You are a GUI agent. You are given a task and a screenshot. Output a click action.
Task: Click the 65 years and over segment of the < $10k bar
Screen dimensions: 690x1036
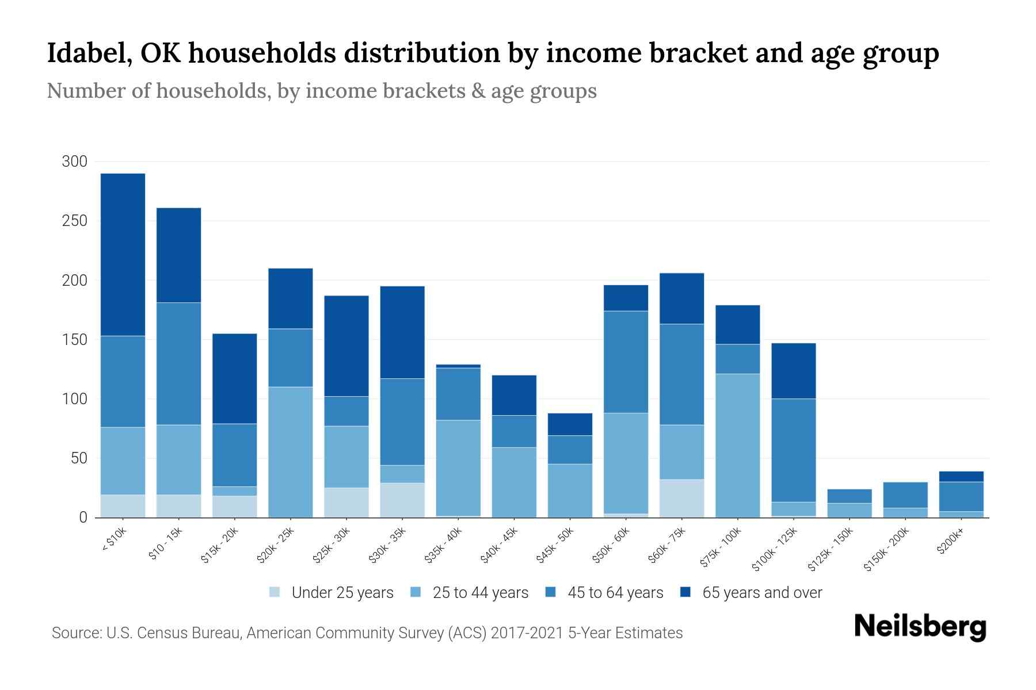pos(123,254)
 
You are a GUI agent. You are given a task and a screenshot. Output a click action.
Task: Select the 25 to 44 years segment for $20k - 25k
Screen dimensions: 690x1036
pos(291,452)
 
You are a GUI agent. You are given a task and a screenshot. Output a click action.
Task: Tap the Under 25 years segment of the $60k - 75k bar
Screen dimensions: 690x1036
pos(681,498)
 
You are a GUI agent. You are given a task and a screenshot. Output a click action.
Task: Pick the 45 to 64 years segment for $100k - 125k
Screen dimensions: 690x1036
pos(793,450)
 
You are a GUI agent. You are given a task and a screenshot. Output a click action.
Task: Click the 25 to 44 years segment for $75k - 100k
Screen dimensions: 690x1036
pos(737,446)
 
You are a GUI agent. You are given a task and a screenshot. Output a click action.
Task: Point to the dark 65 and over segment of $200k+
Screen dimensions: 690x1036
pos(961,477)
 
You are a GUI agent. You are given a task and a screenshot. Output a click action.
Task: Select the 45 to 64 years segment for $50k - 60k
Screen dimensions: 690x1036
pos(626,362)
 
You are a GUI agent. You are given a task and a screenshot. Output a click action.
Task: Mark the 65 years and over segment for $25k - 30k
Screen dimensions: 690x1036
pos(346,346)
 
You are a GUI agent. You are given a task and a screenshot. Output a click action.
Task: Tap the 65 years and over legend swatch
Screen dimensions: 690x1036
pos(686,592)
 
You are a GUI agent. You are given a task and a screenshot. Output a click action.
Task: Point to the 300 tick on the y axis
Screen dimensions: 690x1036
pos(74,162)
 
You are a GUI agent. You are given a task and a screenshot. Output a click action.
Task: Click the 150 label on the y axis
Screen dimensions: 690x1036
pos(74,340)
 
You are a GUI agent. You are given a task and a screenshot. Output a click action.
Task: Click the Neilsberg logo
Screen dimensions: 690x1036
pos(920,626)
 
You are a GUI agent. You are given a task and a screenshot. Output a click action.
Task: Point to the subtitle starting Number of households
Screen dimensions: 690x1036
pos(321,91)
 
